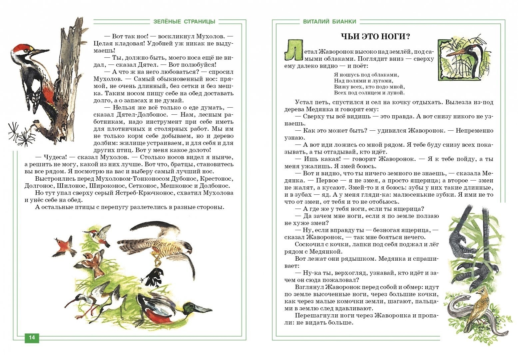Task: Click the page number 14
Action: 32,337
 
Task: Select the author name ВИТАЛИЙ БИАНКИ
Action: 330,22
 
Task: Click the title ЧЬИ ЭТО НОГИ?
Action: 375,36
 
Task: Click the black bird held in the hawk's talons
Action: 154,275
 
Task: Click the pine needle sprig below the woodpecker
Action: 20,133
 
